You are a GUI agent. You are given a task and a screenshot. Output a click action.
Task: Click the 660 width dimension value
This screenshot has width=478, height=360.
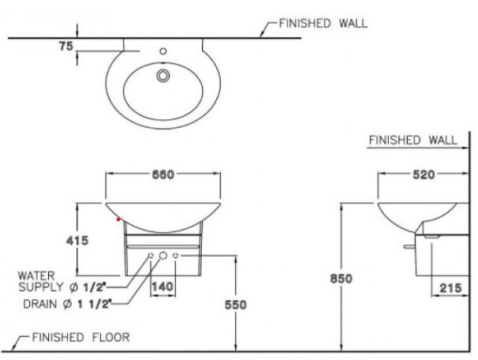(x=162, y=174)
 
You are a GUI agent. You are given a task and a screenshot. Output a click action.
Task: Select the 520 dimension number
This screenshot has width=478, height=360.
(x=424, y=174)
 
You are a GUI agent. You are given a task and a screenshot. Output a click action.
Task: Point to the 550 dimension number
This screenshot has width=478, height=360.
(x=236, y=305)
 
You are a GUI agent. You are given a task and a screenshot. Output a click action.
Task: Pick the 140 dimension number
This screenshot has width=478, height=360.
(x=162, y=287)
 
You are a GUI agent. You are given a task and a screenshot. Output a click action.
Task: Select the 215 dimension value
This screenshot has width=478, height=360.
(x=450, y=288)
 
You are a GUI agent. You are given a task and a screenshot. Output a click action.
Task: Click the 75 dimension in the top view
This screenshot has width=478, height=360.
(x=66, y=46)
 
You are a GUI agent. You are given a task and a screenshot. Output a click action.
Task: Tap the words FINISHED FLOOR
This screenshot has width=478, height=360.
(x=80, y=337)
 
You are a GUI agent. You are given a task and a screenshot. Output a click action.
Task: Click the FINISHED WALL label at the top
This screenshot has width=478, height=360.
(x=323, y=24)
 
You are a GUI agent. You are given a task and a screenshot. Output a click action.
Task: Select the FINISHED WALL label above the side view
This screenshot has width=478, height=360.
(x=413, y=140)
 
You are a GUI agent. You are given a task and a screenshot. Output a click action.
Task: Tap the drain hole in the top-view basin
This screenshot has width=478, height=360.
(x=163, y=76)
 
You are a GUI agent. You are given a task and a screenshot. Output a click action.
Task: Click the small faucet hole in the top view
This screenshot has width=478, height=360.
(x=163, y=52)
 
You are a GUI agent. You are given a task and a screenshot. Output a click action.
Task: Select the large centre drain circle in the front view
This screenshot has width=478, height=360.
(x=162, y=257)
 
